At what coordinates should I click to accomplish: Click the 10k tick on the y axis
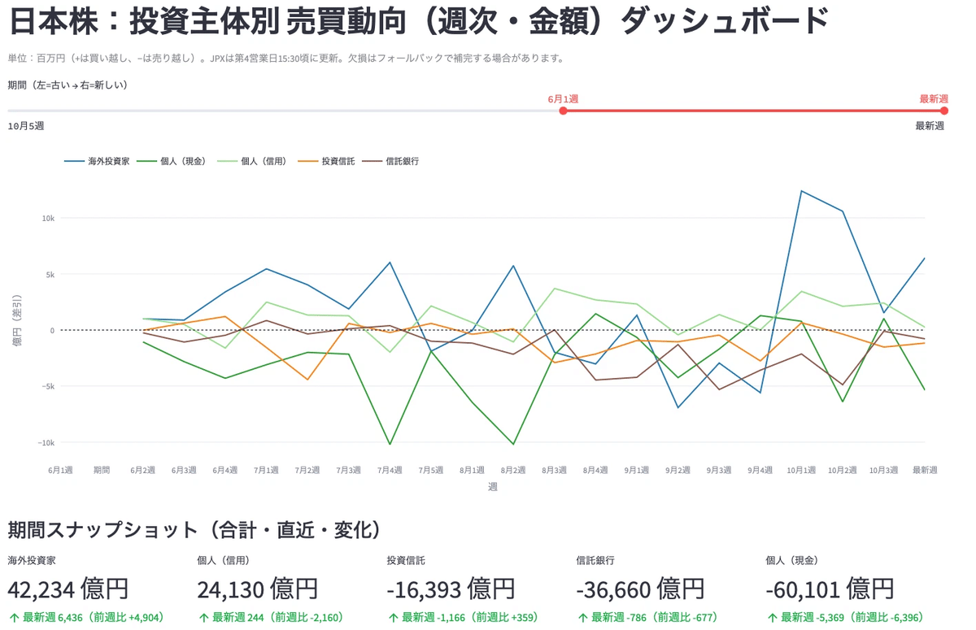click(x=47, y=219)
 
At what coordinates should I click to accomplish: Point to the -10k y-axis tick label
click(x=46, y=442)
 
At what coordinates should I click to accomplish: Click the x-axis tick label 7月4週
click(x=390, y=470)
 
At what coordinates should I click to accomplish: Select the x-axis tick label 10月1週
click(x=801, y=470)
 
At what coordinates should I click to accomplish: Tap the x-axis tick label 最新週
click(x=925, y=470)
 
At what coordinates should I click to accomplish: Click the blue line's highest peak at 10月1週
click(x=801, y=191)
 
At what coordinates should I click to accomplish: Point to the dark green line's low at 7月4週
click(x=390, y=445)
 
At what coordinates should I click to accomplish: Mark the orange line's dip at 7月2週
click(x=307, y=380)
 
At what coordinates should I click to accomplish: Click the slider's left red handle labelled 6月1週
click(x=563, y=111)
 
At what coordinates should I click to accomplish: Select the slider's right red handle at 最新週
click(x=943, y=111)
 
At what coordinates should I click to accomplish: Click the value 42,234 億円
click(x=68, y=589)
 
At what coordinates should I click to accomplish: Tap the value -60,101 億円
click(x=830, y=589)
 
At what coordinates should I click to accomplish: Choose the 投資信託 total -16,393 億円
click(x=451, y=589)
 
